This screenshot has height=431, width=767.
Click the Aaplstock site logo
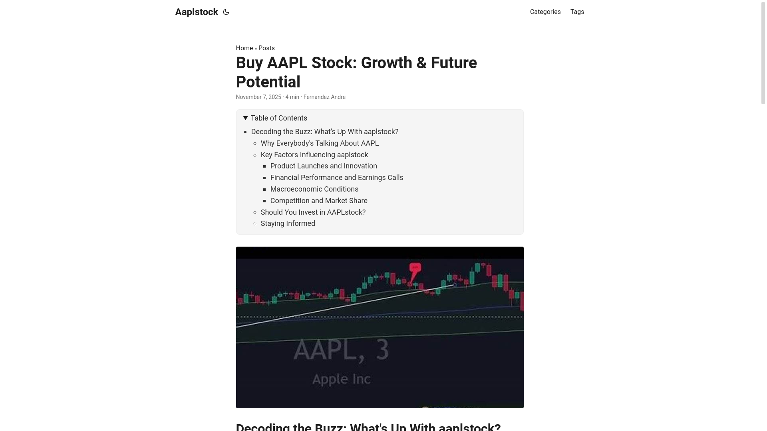pos(197,12)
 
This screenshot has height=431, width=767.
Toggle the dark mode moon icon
pos(226,12)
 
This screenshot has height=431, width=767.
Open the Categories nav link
pos(545,12)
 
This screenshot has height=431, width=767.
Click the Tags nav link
pos(577,12)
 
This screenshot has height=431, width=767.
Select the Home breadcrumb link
pos(244,48)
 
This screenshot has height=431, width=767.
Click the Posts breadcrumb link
pos(266,48)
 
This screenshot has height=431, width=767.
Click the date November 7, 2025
pos(258,97)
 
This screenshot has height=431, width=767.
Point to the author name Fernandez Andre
pos(324,97)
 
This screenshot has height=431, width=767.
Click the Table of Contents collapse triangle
pos(246,118)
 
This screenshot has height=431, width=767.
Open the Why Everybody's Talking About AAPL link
pos(320,143)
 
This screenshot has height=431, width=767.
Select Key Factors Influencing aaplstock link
pos(314,155)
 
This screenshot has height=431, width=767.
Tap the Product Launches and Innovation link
pos(324,166)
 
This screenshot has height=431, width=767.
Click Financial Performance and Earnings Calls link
pos(337,178)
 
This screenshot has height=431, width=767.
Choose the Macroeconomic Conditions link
pos(314,189)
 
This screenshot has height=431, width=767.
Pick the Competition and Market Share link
pos(319,201)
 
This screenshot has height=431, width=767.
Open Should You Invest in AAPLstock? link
pos(313,212)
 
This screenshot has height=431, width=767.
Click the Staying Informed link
pos(288,223)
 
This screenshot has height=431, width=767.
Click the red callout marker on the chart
pos(415,268)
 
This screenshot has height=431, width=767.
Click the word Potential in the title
pos(268,82)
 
